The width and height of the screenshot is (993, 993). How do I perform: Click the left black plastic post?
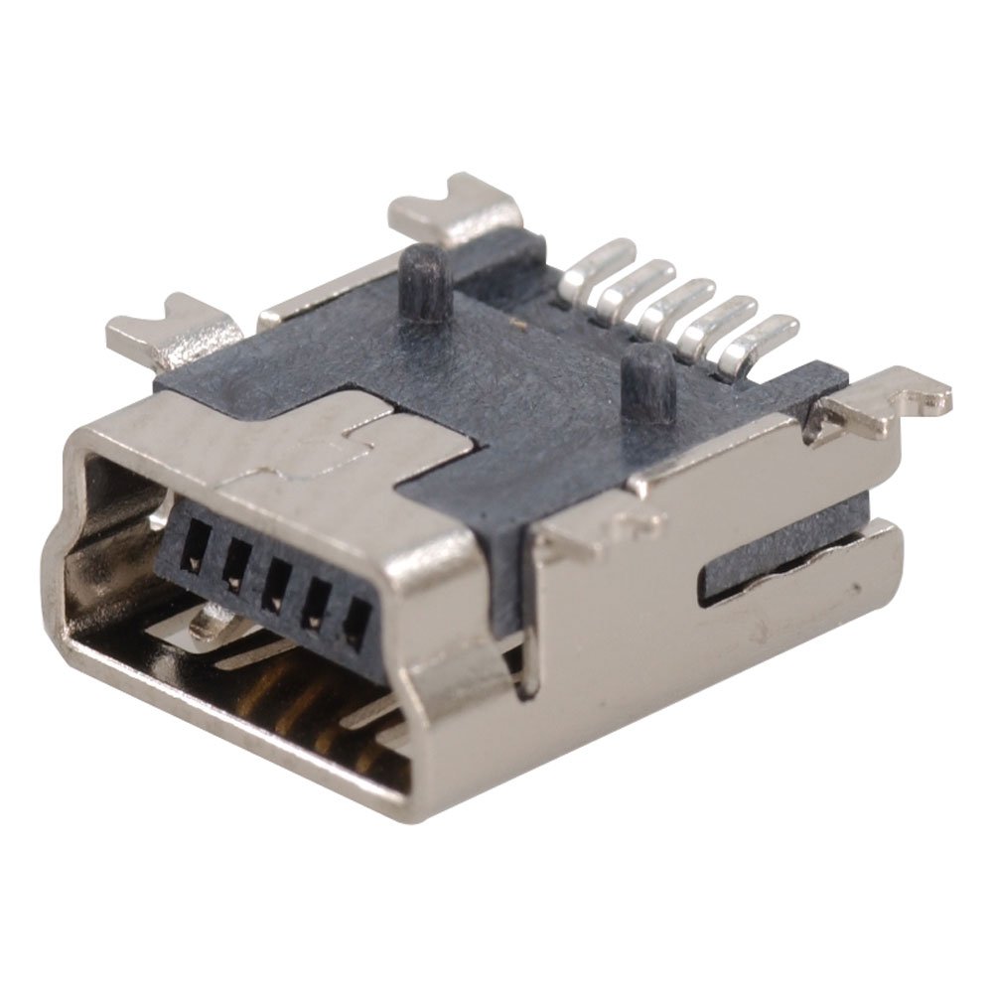point(423,282)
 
